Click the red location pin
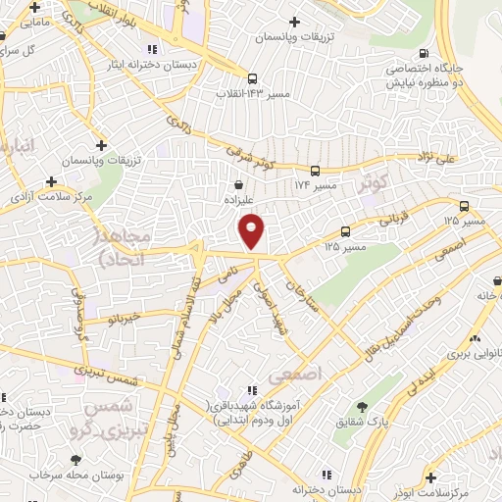pos(252,230)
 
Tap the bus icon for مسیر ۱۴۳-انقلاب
pos(253,78)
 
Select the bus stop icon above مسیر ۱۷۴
pos(315,170)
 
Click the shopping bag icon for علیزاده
pos(238,182)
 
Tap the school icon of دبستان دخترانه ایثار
pos(150,48)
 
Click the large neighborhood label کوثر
pos(374,183)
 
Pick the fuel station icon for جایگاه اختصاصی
pos(423,54)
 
